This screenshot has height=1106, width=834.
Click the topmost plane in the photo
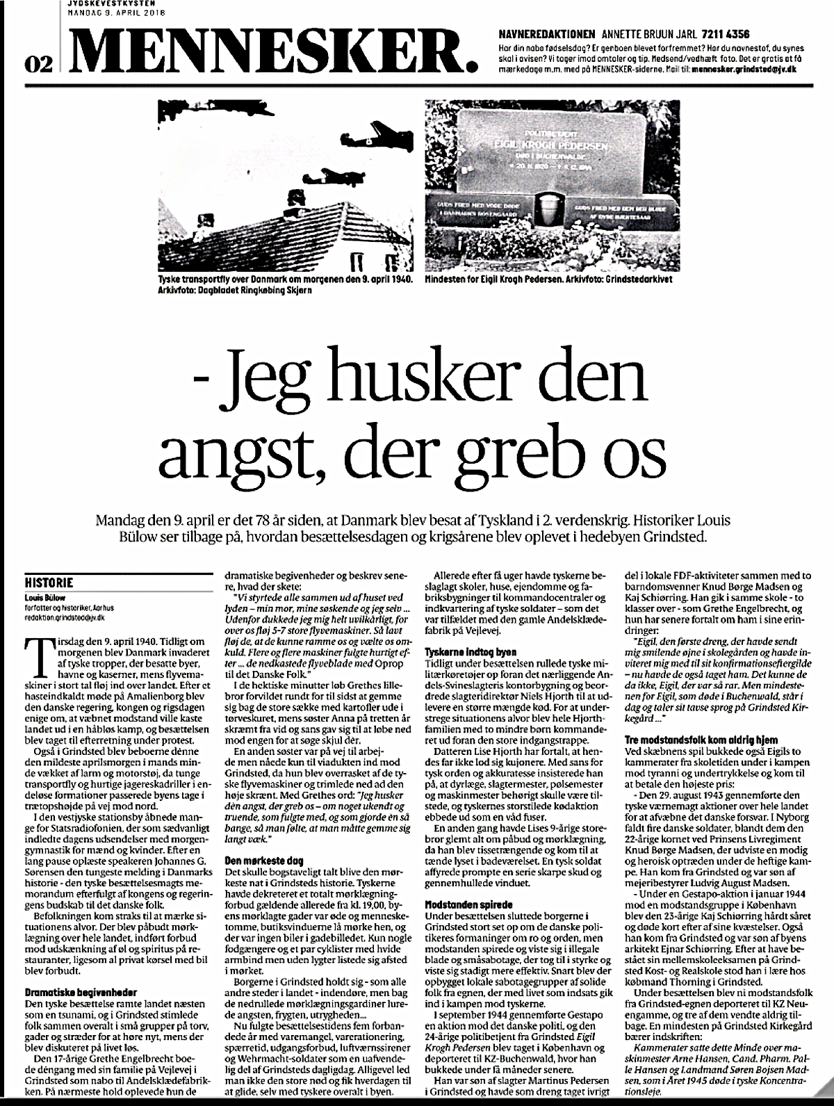click(x=384, y=138)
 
